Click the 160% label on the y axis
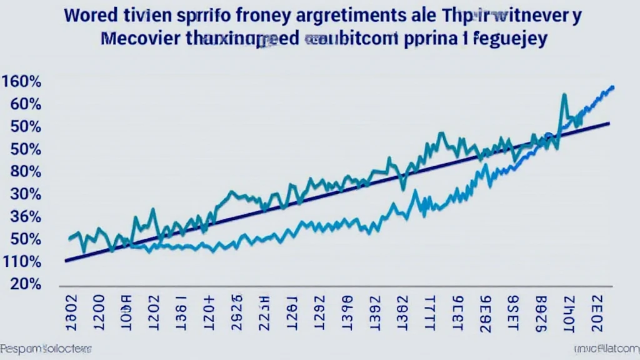coord(22,81)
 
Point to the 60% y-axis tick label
coord(26,104)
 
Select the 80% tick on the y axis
coord(26,172)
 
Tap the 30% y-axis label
coord(26,194)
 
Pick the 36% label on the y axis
coord(26,217)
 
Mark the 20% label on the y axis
coord(26,284)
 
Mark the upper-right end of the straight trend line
coord(609,123)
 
